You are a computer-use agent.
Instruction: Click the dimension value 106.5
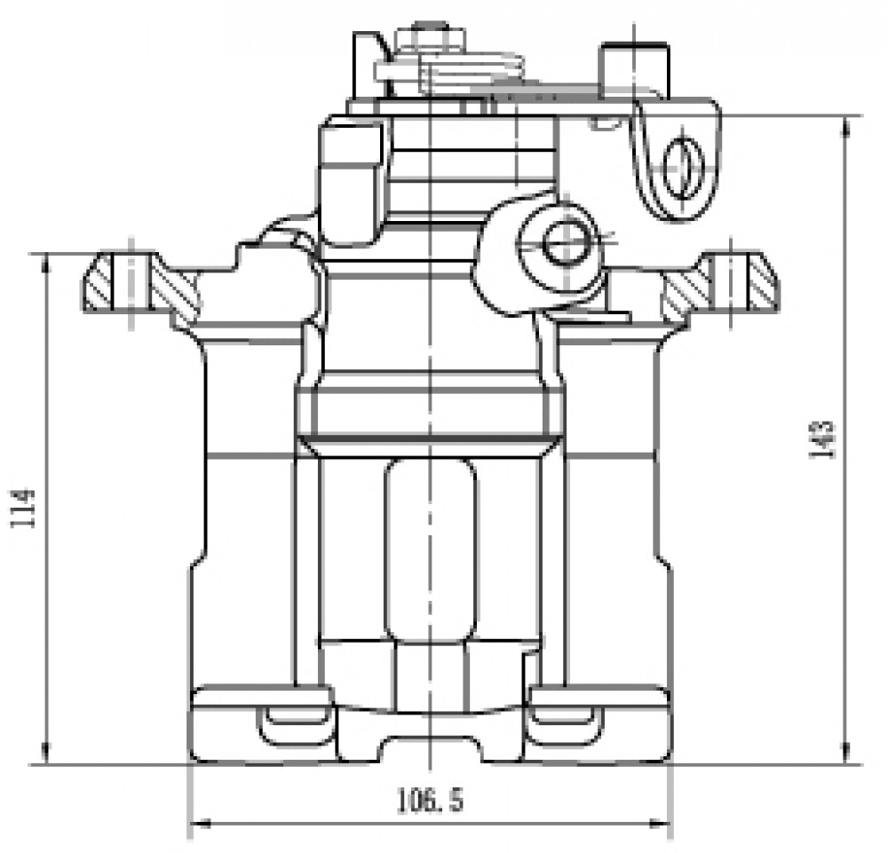(431, 800)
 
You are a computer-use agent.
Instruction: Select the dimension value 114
(24, 509)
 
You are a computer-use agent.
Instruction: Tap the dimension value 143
(822, 439)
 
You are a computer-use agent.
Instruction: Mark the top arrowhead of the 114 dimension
(45, 265)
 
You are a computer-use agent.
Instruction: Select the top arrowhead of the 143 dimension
(846, 127)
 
